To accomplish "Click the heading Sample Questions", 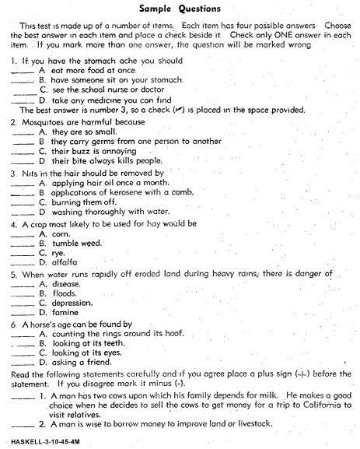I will [x=179, y=9].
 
